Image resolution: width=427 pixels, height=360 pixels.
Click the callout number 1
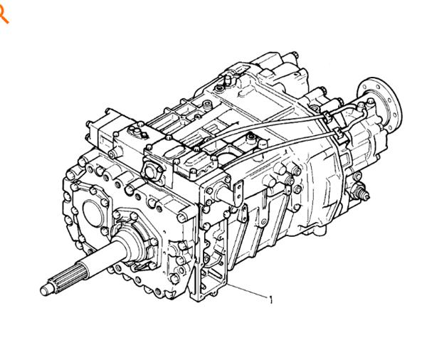[x=270, y=300]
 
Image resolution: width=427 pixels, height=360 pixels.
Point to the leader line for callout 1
[x=247, y=290]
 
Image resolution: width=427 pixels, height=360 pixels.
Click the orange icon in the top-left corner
[x=4, y=14]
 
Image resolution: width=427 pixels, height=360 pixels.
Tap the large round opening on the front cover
[x=93, y=213]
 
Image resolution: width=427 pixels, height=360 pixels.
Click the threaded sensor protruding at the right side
[x=360, y=191]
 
